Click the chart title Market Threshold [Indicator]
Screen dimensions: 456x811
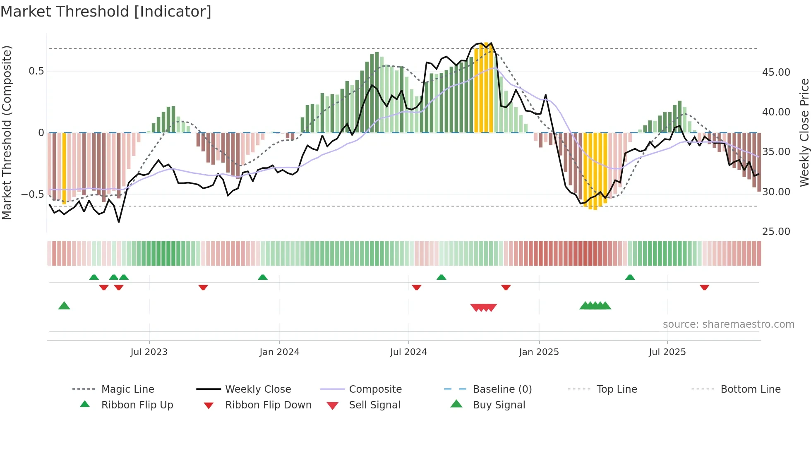[106, 12]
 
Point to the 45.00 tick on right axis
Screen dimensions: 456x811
[776, 72]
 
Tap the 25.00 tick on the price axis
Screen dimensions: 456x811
[776, 232]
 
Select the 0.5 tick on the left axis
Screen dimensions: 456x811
[36, 71]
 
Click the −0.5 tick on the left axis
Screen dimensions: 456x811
[33, 194]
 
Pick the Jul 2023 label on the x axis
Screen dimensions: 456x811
[149, 352]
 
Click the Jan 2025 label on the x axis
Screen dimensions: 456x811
[539, 352]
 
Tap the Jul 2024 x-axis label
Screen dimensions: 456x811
[408, 352]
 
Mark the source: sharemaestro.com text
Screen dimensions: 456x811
[728, 324]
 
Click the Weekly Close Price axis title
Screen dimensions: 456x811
[804, 132]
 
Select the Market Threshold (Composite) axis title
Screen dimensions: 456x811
[7, 132]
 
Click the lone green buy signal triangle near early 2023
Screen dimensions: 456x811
[64, 306]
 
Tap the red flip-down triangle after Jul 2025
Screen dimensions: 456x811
[704, 287]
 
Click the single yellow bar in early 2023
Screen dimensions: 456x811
[64, 168]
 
